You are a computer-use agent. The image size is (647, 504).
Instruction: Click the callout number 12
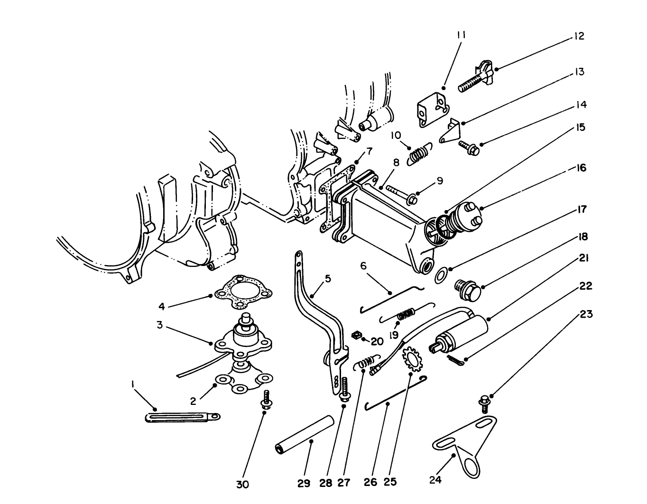coord(579,36)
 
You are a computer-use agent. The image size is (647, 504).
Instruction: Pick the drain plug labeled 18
coord(466,289)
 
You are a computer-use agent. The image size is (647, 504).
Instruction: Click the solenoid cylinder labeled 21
coord(462,331)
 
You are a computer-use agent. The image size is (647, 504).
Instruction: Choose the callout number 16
coord(582,168)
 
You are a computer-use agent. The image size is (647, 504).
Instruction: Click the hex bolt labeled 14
coord(468,146)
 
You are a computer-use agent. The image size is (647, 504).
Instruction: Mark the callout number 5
coord(328,279)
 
